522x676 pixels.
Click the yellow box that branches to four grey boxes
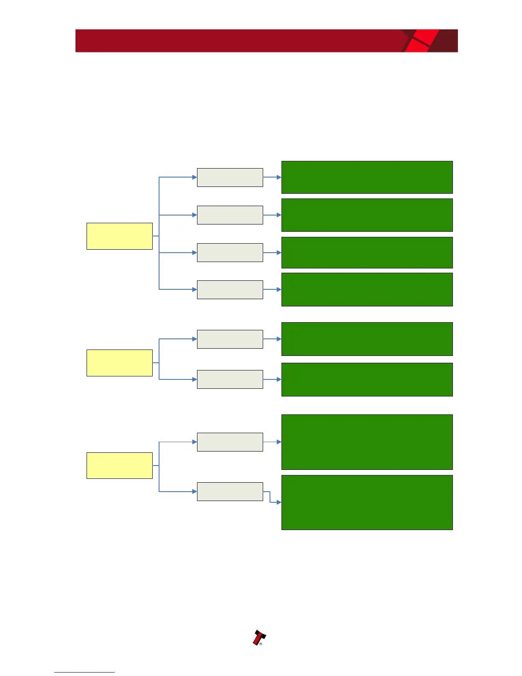click(x=119, y=236)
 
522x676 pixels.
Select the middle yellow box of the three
click(x=119, y=363)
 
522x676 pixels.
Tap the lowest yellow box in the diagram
click(x=119, y=466)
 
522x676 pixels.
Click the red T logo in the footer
click(x=258, y=638)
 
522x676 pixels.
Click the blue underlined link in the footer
click(x=84, y=672)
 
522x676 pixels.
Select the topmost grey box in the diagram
click(x=230, y=178)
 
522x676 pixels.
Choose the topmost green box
click(x=367, y=177)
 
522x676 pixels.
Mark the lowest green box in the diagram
click(x=367, y=502)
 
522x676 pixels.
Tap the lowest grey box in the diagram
click(x=230, y=492)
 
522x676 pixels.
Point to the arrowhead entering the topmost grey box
click(x=194, y=177)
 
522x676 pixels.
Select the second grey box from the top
click(x=230, y=215)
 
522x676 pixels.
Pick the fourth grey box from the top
click(x=230, y=290)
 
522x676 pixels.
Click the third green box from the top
click(x=367, y=253)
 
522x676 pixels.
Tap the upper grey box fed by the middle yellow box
click(x=230, y=339)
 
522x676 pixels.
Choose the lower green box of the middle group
click(x=367, y=379)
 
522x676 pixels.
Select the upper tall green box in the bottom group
click(x=367, y=442)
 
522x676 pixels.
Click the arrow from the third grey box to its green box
click(x=272, y=253)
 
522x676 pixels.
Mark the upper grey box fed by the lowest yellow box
click(x=230, y=442)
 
